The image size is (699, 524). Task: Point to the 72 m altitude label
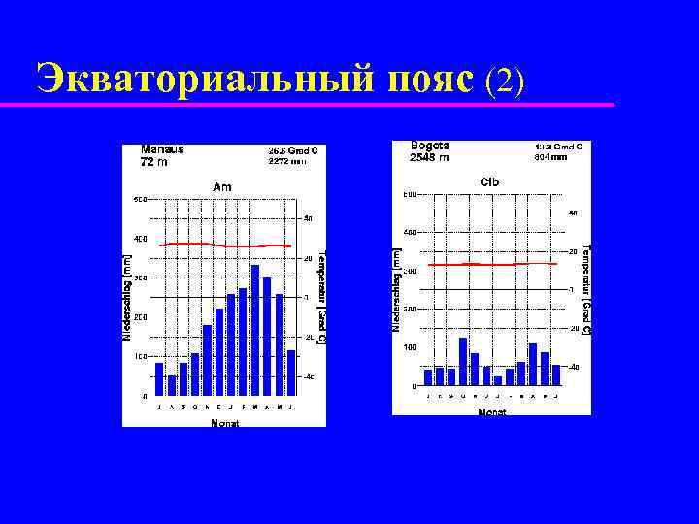tap(154, 163)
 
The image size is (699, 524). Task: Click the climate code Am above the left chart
tap(222, 186)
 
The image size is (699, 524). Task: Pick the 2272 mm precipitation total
tap(286, 162)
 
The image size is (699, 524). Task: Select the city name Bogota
tap(429, 146)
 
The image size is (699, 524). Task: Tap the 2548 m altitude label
tap(429, 157)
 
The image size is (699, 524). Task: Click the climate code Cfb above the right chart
tap(489, 181)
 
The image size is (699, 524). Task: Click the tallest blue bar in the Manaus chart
tap(255, 330)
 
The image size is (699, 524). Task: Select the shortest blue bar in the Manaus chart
tap(172, 385)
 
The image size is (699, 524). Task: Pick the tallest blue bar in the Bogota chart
tap(463, 361)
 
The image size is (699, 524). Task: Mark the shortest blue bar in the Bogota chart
tap(498, 379)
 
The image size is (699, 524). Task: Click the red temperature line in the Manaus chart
tap(225, 245)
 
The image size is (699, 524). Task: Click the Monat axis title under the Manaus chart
tap(225, 424)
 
